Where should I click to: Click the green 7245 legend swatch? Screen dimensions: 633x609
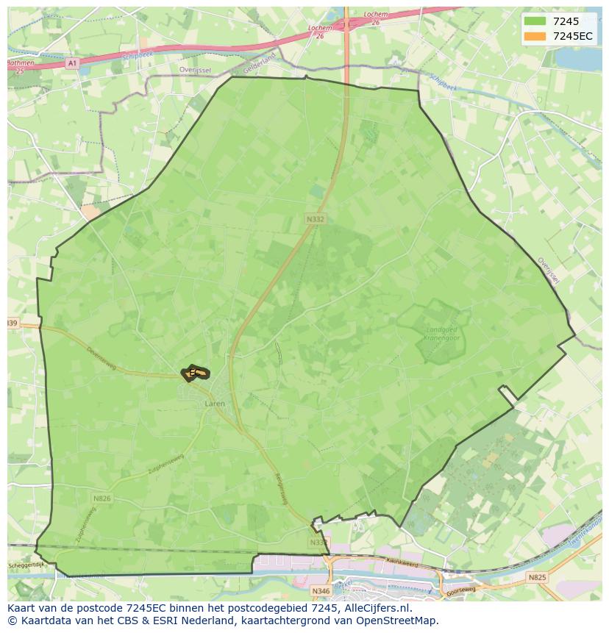click(x=535, y=21)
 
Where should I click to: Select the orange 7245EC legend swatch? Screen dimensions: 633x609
click(x=535, y=36)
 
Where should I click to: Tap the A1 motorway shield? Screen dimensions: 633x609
click(x=71, y=64)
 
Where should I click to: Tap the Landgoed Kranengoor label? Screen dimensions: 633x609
click(x=442, y=335)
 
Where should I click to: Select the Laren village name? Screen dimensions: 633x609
click(x=215, y=404)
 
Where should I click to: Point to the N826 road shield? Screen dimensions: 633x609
click(x=102, y=498)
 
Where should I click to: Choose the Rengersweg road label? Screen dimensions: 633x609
click(x=280, y=488)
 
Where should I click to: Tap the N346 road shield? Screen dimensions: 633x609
click(x=321, y=590)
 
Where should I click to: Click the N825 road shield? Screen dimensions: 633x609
click(x=537, y=578)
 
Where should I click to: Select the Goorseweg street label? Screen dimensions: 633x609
click(x=460, y=590)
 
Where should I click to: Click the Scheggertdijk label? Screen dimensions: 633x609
click(x=26, y=565)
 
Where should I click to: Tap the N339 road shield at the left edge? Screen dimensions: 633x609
click(x=12, y=323)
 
